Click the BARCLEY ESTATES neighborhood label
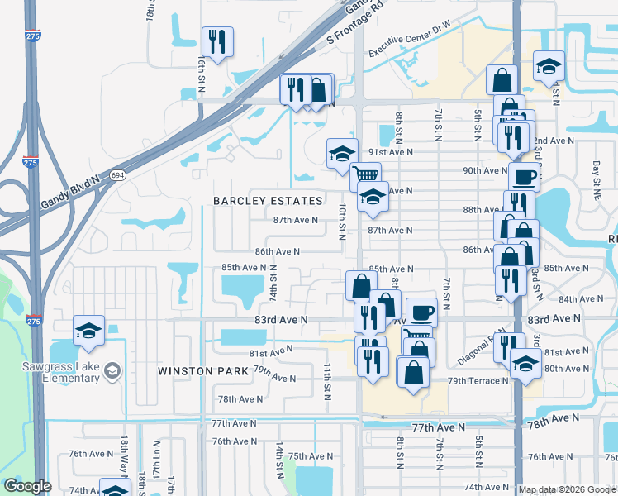click(268, 201)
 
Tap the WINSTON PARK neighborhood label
click(203, 371)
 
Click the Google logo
click(28, 487)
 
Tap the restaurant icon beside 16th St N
click(217, 41)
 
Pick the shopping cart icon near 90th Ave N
click(365, 175)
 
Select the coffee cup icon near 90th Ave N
click(524, 176)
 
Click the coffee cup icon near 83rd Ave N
click(421, 312)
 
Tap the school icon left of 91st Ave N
click(341, 153)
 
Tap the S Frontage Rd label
click(357, 22)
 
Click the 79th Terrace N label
click(478, 380)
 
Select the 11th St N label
click(327, 381)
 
